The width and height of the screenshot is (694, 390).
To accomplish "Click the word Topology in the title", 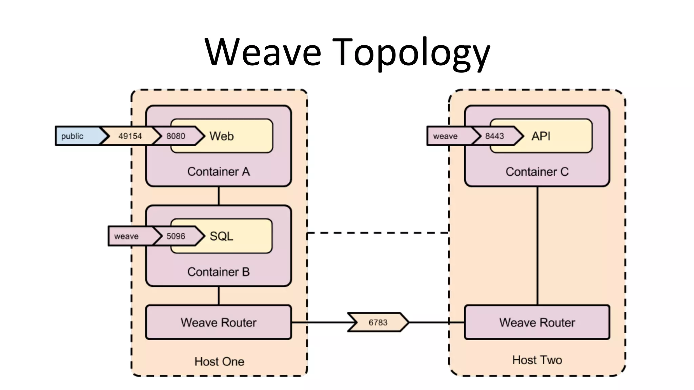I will [x=412, y=52].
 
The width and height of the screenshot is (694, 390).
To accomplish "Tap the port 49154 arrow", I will [x=130, y=136].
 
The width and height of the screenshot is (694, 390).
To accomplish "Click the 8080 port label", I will [x=176, y=136].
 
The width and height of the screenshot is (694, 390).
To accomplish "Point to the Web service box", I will [x=237, y=136].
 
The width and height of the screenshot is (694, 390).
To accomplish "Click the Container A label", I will [x=219, y=172].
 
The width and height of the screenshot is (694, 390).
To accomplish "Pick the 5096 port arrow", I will [x=176, y=236].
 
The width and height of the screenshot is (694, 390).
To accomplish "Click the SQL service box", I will [x=237, y=236].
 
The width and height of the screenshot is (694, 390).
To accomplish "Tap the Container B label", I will [x=219, y=272].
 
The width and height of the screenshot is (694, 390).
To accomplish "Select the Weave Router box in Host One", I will [x=219, y=322].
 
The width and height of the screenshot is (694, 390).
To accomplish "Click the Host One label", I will [x=219, y=361].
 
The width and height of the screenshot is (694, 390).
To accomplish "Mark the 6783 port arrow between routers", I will [x=378, y=322].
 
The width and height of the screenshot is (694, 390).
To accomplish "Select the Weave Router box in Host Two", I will [x=537, y=322].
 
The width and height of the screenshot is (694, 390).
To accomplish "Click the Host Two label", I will [x=537, y=360].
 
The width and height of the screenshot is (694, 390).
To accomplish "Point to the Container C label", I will [x=537, y=172].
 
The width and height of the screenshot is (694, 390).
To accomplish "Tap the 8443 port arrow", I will [x=495, y=136].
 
